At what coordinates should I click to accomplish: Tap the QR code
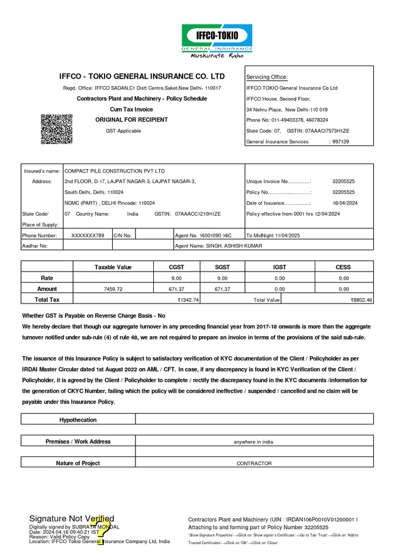pos(57,129)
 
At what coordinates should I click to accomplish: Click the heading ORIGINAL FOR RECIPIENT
pos(132,120)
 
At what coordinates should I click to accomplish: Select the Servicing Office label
pos(267,77)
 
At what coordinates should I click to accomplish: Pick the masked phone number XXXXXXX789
pos(87,235)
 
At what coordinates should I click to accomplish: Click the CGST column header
pos(177,267)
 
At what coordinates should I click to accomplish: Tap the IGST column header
pos(279,267)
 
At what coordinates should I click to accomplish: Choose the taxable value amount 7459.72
pos(113,289)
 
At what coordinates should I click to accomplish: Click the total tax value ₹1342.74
pos(188,300)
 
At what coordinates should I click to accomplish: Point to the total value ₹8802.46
pos(361,300)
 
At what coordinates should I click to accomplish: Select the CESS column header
pos(343,267)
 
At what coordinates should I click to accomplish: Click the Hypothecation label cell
pos(78,420)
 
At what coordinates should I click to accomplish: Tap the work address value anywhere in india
pos(253,442)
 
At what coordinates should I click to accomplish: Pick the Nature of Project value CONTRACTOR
pos(254,463)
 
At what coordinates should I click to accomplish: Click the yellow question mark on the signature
pos(101,528)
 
